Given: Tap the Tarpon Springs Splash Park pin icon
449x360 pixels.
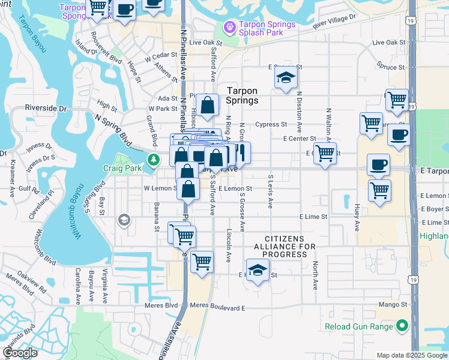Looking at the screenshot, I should pos(229,28).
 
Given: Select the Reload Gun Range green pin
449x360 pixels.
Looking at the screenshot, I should pos(401,327).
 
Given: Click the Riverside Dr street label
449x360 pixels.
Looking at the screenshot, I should pos(46,109).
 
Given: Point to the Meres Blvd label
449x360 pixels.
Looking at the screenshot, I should pos(163,305).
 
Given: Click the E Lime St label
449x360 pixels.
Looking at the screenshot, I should pos(313,217).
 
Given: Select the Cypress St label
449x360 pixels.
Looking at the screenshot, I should pos(271,125).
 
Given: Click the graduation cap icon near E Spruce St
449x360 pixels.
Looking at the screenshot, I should pos(285,77).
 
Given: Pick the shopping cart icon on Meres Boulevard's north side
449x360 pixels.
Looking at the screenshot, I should pos(203,261).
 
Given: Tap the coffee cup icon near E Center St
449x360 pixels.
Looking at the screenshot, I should pos(399,134).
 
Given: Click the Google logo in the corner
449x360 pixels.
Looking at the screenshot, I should pos(19,353).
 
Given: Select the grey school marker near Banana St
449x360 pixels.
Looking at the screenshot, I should pos(124,220).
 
